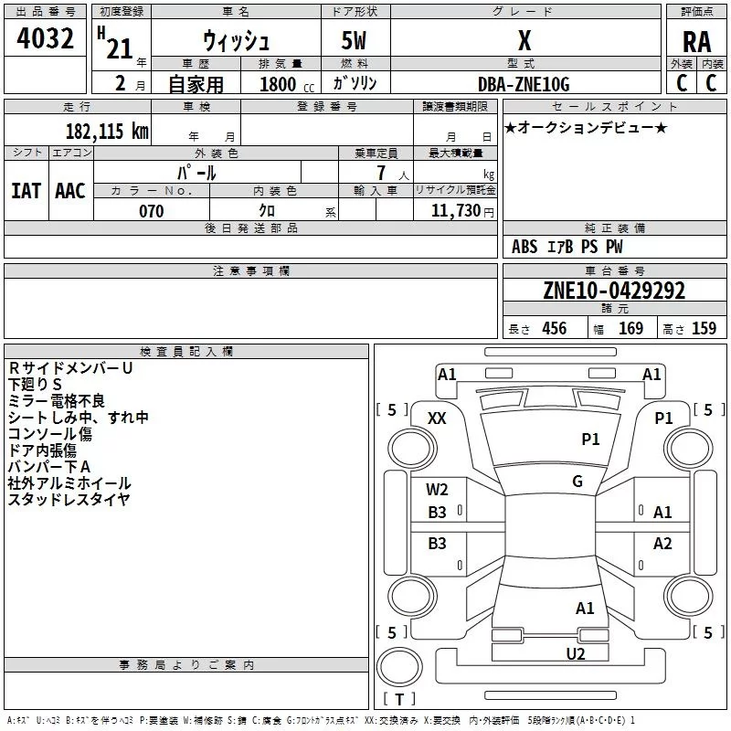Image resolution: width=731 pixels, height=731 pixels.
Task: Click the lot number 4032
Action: coord(45,38)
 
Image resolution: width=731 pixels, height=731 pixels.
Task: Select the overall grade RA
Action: coord(696,42)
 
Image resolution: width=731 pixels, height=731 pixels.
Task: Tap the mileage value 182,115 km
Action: coord(107,131)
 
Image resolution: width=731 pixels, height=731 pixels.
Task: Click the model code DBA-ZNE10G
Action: coord(524,84)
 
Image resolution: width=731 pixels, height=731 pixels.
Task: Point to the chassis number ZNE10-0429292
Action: coord(614,291)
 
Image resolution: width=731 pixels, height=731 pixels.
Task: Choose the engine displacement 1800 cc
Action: coord(287,84)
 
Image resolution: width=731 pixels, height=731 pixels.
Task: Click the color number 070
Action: coord(152,211)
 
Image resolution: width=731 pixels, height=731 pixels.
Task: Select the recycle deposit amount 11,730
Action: coord(456,211)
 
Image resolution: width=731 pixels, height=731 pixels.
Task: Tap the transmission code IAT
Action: coord(26,191)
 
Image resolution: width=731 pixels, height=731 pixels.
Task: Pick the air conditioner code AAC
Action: coord(70,191)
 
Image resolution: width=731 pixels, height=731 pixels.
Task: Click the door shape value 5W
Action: coord(354,40)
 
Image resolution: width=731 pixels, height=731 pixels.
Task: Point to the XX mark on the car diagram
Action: coord(437,418)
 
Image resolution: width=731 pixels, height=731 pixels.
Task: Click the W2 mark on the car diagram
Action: coord(437,490)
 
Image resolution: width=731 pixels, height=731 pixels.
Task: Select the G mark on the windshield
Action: coord(577,482)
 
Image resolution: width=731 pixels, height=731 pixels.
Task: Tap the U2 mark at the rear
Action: coord(576,654)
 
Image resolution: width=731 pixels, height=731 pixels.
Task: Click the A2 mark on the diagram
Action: coord(662,544)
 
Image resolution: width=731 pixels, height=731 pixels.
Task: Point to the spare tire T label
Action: coord(399,699)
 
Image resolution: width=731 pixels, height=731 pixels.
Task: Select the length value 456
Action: coord(555,329)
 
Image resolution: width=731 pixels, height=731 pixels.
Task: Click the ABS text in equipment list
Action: coord(524,247)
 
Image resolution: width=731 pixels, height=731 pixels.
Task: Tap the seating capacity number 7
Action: coord(381,173)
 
